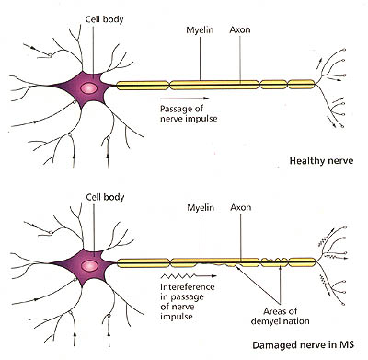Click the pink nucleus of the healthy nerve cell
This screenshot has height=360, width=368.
pyautogui.click(x=88, y=88)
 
